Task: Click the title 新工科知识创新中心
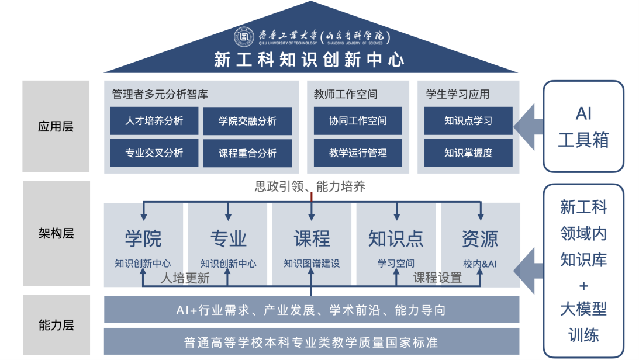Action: (x=309, y=60)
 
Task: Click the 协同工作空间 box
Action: (x=357, y=121)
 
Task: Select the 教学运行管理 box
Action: (x=357, y=153)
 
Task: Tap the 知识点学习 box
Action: (x=468, y=121)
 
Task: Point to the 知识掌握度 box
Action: (x=468, y=153)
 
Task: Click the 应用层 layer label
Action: (x=56, y=127)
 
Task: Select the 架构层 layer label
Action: (x=56, y=234)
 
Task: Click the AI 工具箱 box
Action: (x=583, y=126)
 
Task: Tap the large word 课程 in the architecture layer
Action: (x=312, y=238)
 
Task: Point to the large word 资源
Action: (x=480, y=238)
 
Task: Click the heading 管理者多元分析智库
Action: (x=160, y=94)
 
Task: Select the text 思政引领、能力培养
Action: (x=310, y=186)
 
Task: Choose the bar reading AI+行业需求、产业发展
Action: (x=311, y=310)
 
